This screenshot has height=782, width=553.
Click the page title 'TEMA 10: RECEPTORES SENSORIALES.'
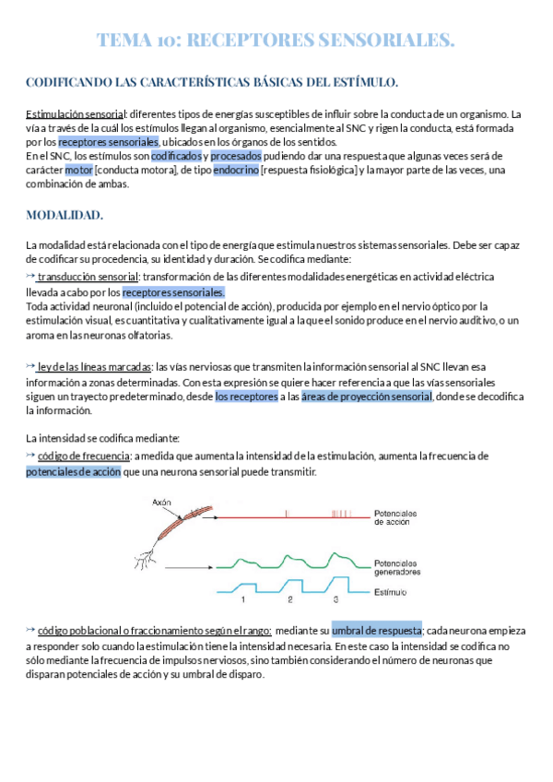point(276,41)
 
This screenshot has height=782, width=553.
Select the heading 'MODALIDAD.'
point(65,216)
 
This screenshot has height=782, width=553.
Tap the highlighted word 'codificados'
point(176,156)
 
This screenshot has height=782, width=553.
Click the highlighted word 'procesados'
point(236,156)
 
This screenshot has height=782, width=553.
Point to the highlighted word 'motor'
point(105,170)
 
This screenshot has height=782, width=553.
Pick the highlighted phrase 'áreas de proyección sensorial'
point(367,397)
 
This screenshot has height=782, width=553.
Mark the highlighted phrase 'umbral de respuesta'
point(376,630)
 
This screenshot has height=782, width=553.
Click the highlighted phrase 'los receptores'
point(246,397)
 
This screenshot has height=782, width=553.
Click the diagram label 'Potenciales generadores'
point(397,566)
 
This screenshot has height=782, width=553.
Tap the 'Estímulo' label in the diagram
point(391,590)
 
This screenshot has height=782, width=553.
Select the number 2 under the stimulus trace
point(289,600)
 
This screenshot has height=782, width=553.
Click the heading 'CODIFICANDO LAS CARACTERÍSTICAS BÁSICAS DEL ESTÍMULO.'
point(212,83)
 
